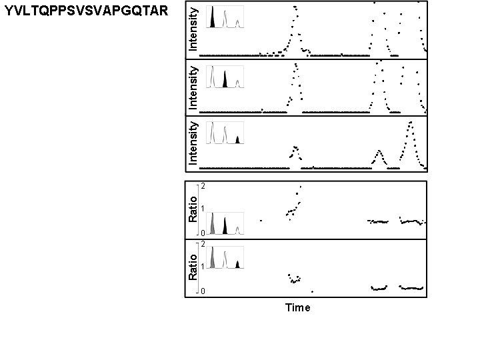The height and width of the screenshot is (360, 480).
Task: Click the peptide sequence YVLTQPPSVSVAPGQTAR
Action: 83,11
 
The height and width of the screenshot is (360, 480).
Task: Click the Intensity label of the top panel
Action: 192,29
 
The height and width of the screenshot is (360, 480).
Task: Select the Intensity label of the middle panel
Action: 192,87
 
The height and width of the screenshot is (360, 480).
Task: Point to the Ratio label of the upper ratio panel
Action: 192,209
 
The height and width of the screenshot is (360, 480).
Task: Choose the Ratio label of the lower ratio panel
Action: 192,267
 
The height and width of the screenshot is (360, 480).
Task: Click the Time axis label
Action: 297,308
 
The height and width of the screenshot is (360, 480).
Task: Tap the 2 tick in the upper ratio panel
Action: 203,186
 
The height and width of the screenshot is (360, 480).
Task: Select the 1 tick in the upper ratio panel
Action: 203,209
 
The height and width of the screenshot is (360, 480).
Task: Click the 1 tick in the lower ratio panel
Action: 203,267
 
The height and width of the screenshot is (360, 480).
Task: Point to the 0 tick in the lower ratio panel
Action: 203,291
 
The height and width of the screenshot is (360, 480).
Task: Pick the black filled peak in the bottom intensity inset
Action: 237,139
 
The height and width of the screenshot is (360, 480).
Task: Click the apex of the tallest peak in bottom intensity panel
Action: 411,122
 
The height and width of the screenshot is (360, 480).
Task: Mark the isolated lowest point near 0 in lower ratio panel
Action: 312,291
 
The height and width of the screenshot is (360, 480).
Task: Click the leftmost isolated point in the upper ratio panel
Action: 261,220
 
